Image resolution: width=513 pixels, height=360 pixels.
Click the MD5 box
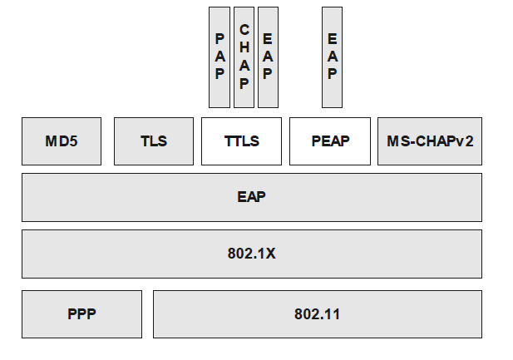pos(62,141)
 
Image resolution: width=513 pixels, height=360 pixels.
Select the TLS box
pos(154,141)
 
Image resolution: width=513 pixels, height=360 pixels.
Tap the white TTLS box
pos(241,141)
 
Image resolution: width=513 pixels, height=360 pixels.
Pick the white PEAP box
pos(330,141)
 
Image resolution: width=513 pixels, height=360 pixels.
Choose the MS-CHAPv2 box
pos(430,141)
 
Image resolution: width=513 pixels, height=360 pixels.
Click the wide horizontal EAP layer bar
pos(251,197)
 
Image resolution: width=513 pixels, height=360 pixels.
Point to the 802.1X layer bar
pos(251,254)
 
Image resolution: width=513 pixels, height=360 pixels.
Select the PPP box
pos(81,313)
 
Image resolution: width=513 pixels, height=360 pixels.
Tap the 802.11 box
pos(317,313)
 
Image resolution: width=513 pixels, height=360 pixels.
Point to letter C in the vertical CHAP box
pos(244,30)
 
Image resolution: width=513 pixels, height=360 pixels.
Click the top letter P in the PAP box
pos(220,39)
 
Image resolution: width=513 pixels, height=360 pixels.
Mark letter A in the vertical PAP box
pos(220,56)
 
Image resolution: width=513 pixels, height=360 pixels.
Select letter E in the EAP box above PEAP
pos(332,39)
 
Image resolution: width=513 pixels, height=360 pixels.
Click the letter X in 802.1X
pos(270,254)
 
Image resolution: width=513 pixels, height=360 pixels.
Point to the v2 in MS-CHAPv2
pos(465,141)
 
